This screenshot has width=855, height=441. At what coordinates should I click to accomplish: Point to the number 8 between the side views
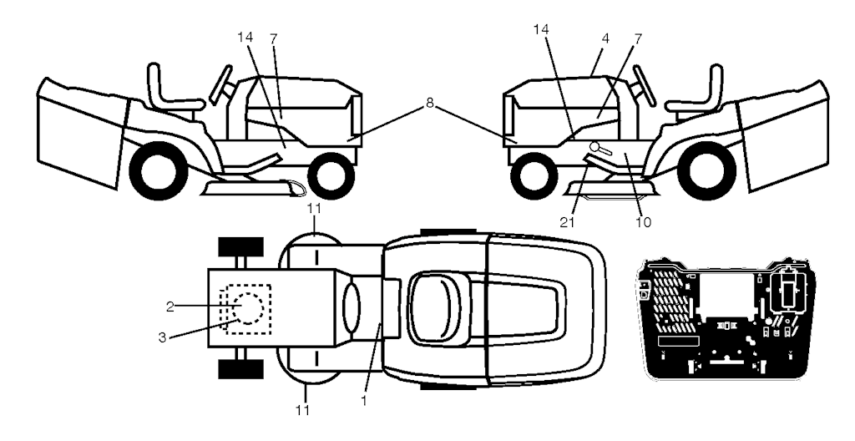[x=429, y=102]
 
